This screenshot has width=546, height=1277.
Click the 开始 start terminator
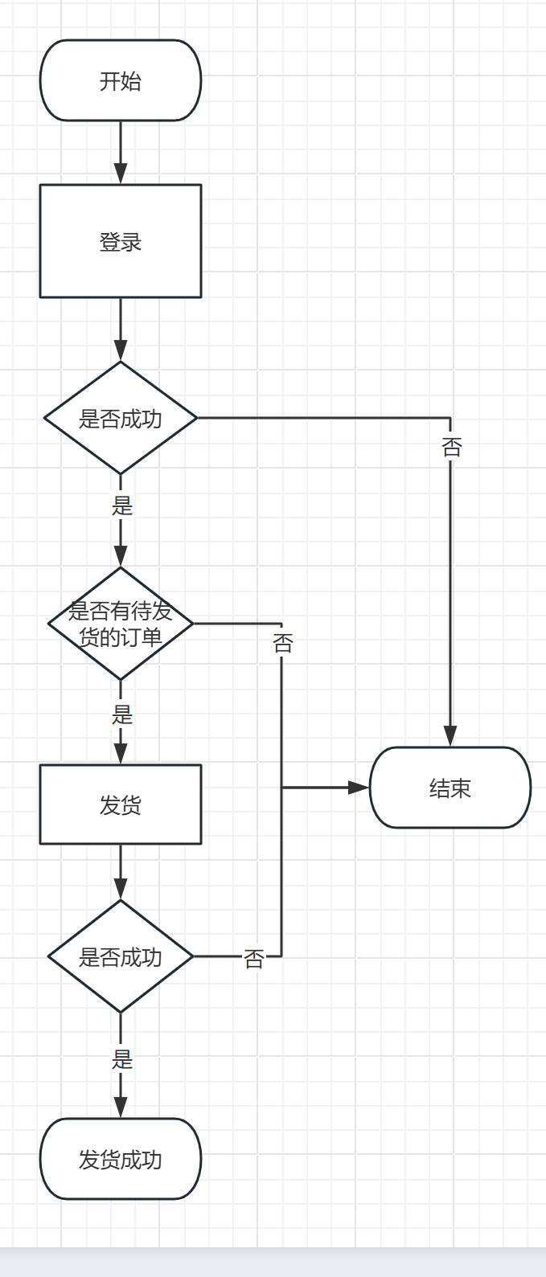pyautogui.click(x=121, y=80)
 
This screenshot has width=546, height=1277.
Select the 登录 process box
pyautogui.click(x=121, y=241)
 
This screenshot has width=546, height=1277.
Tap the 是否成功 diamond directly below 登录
pyautogui.click(x=121, y=418)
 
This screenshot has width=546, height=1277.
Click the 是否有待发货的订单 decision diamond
pyautogui.click(x=121, y=624)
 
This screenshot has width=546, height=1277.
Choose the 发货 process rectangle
pyautogui.click(x=121, y=804)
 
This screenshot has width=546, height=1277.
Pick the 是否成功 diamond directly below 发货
pyautogui.click(x=121, y=956)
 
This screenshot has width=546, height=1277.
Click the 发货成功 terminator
pyautogui.click(x=121, y=1159)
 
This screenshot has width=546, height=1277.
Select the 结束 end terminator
pyautogui.click(x=450, y=788)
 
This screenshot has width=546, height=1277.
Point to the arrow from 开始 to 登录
pyautogui.click(x=121, y=153)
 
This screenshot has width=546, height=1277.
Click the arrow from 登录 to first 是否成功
pyautogui.click(x=121, y=329)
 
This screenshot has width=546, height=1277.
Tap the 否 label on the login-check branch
pyautogui.click(x=451, y=447)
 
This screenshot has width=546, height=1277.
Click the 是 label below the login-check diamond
pyautogui.click(x=122, y=505)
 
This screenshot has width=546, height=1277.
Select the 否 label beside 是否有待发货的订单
pyautogui.click(x=282, y=643)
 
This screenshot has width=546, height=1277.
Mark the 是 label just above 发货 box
pyautogui.click(x=122, y=714)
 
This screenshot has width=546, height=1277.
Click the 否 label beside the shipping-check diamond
pyautogui.click(x=253, y=958)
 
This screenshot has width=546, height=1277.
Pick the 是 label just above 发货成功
pyautogui.click(x=122, y=1059)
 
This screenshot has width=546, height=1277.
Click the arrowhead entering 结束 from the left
pyautogui.click(x=359, y=788)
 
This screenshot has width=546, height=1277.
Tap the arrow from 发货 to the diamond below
pyautogui.click(x=121, y=872)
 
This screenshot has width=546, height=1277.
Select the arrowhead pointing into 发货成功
pyautogui.click(x=121, y=1107)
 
